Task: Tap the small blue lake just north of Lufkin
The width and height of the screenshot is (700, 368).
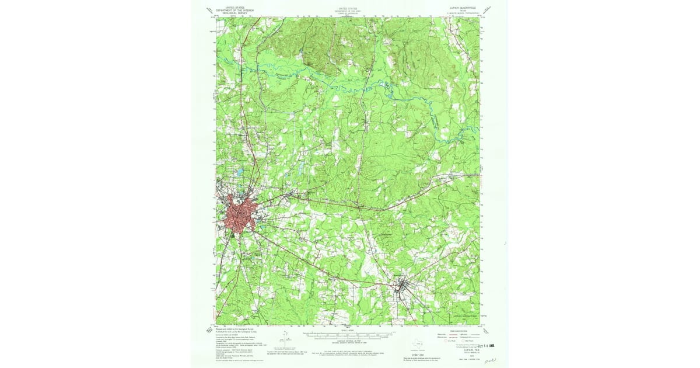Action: pyautogui.click(x=239, y=172)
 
